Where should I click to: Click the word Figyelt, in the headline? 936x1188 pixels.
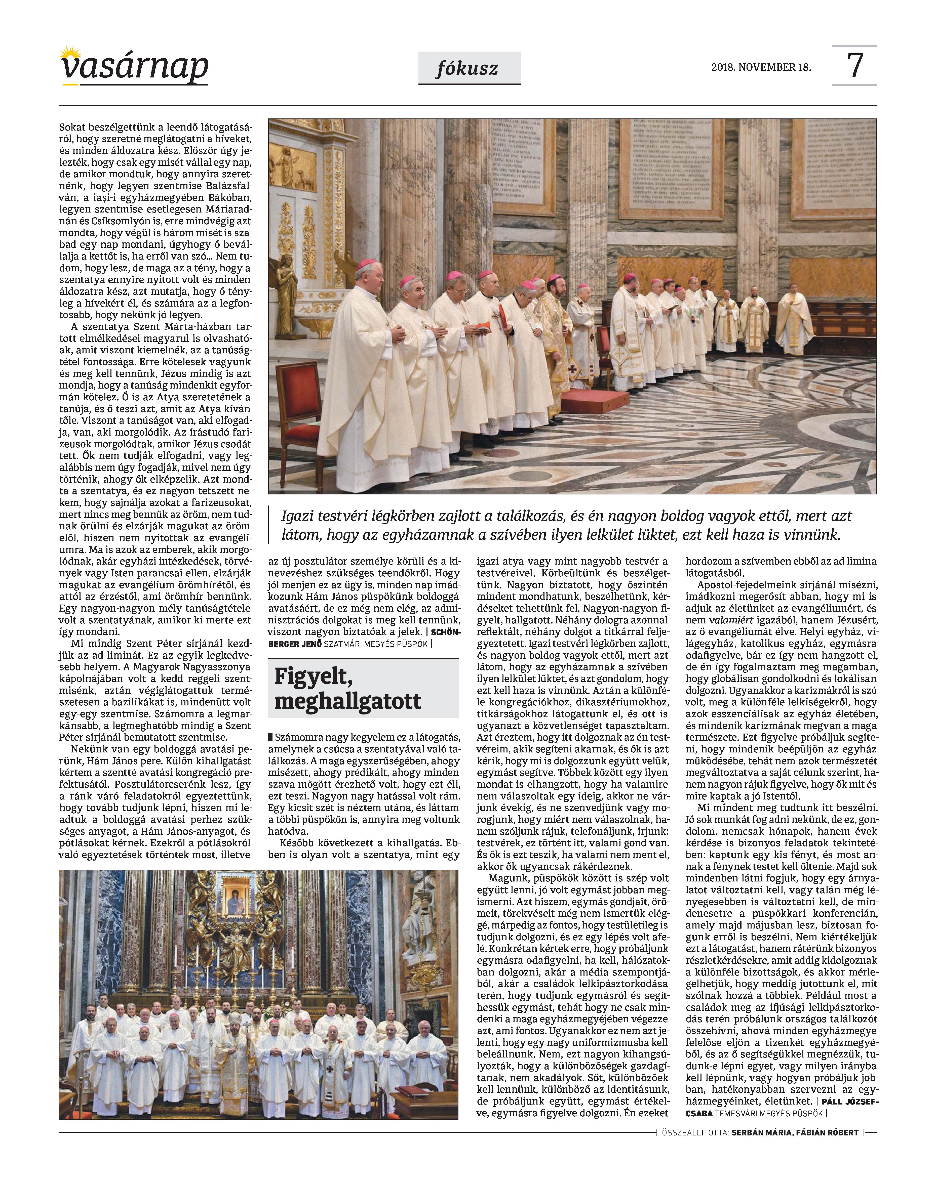tap(312, 677)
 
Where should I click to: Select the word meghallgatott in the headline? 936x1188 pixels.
tap(348, 702)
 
